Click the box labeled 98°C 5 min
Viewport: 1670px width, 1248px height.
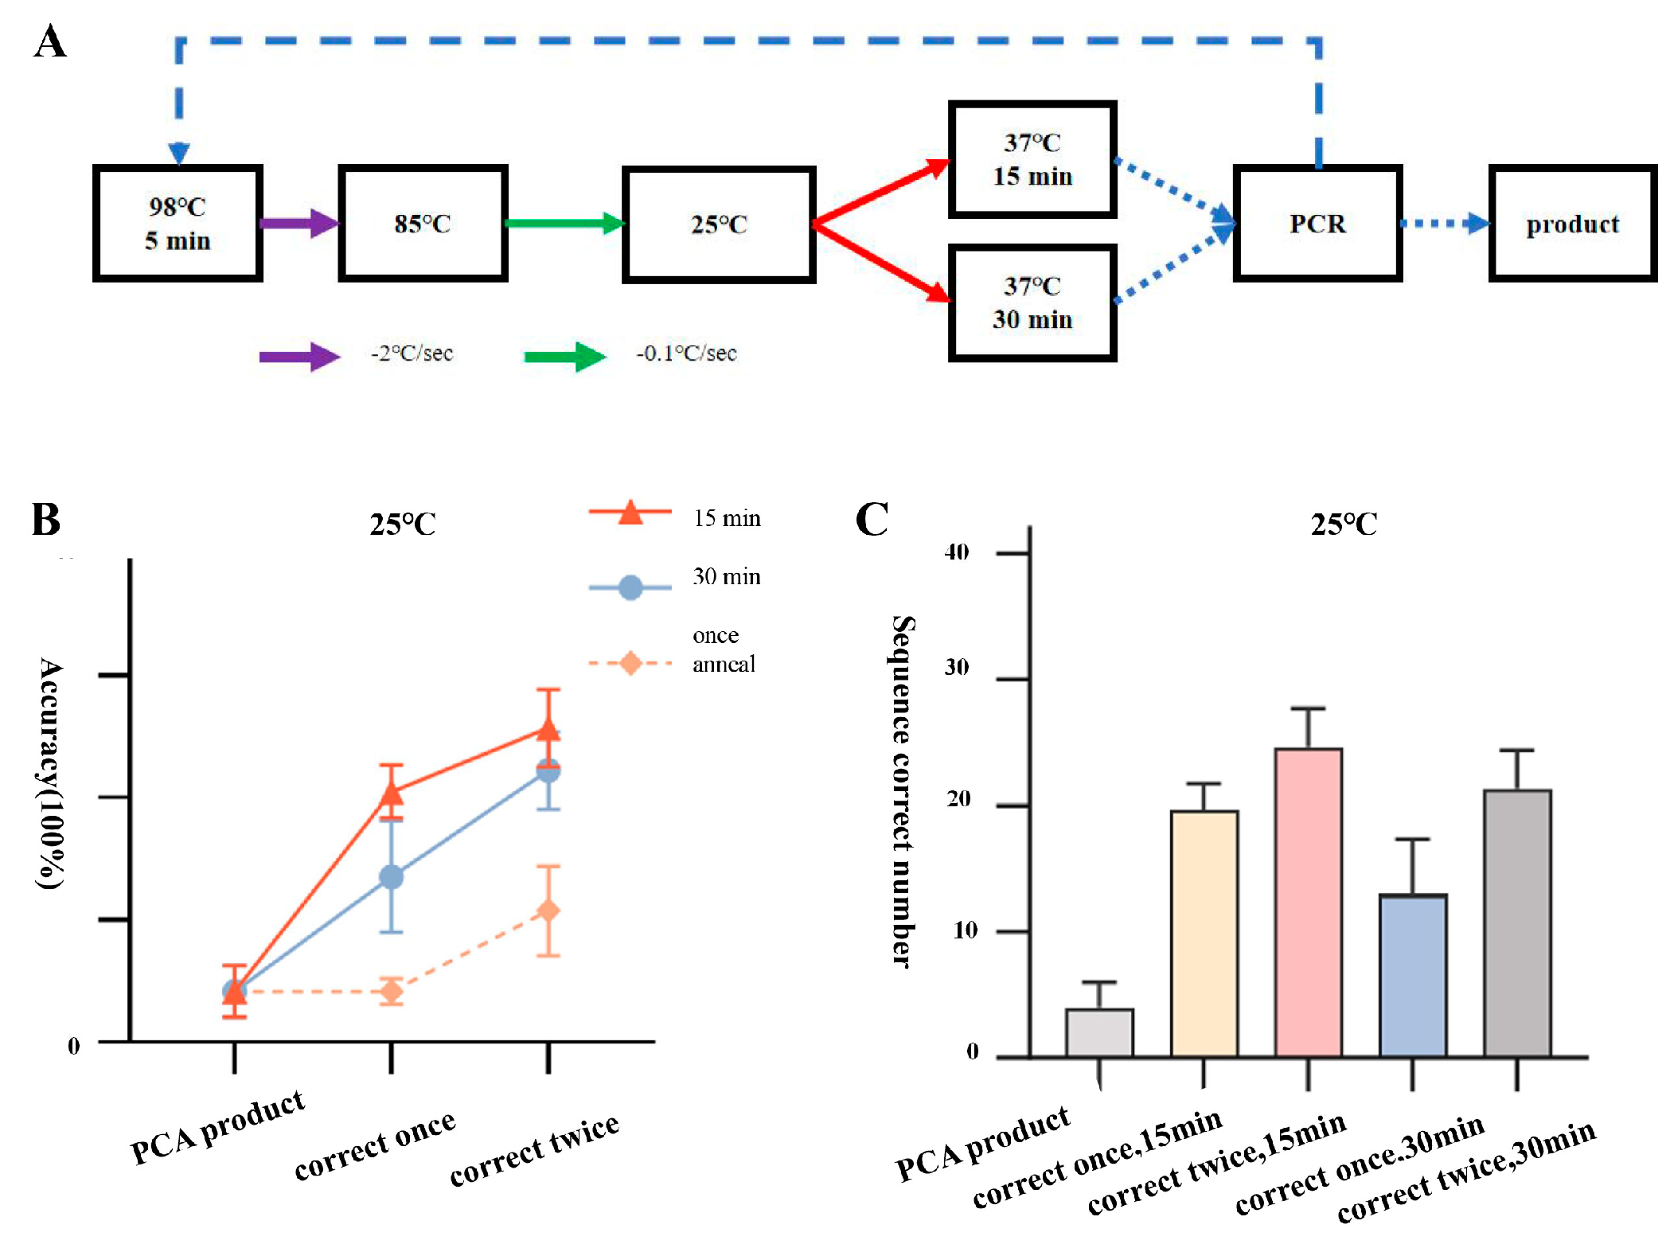click(178, 223)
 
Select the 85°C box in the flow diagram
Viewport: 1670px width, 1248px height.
click(423, 223)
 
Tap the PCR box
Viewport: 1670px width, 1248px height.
click(1317, 223)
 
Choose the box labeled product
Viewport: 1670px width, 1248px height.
click(1572, 224)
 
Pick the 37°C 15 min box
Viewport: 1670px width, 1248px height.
click(1032, 159)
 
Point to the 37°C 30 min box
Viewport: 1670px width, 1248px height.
click(1032, 302)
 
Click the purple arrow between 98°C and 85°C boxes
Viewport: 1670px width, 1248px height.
click(299, 223)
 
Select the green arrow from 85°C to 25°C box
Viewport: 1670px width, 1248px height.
click(564, 223)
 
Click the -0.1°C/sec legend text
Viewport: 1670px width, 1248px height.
click(686, 353)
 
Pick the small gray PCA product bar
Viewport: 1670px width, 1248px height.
click(1099, 1032)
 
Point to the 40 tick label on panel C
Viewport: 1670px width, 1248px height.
click(957, 552)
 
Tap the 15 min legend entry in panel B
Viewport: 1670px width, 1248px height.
click(726, 518)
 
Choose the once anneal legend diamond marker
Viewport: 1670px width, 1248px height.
click(630, 663)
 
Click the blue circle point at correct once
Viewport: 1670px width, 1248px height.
click(391, 877)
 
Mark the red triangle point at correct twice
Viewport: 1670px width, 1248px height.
click(548, 729)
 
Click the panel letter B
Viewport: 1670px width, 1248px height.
click(46, 520)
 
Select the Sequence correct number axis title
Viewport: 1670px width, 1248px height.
click(902, 792)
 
